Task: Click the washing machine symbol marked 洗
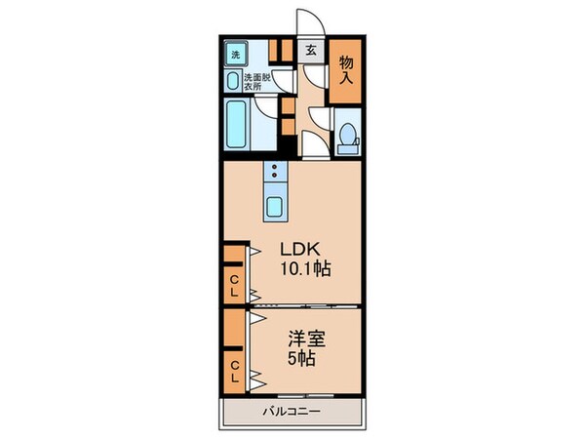[234, 54]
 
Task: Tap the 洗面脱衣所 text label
[258, 80]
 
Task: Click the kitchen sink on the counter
[276, 206]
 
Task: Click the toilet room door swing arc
[320, 121]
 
